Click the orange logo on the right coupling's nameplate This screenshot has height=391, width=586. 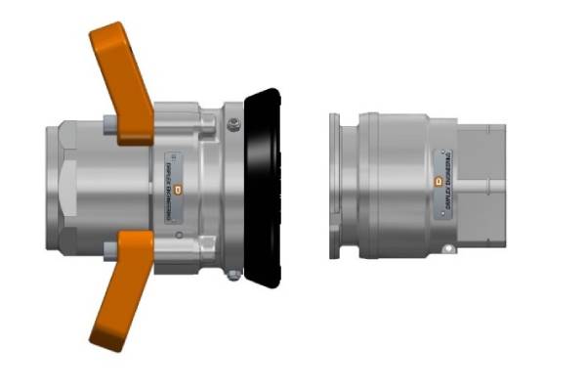point(439,181)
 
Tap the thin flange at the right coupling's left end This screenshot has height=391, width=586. point(334,187)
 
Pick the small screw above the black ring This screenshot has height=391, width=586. point(232,123)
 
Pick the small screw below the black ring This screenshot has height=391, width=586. point(232,275)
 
